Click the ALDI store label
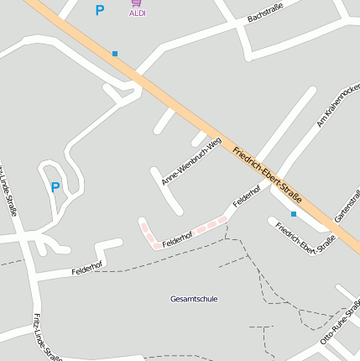[x=138, y=13]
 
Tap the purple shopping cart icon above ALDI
[x=137, y=3]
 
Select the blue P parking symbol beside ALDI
[x=100, y=11]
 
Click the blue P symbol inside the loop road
[x=55, y=187]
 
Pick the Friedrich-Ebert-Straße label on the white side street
[x=305, y=238]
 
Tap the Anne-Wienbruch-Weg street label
[x=191, y=161]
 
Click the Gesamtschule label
[x=194, y=299]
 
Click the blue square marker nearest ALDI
[x=115, y=54]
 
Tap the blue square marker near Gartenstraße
[x=294, y=214]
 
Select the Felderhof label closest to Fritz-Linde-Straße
[x=86, y=270]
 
